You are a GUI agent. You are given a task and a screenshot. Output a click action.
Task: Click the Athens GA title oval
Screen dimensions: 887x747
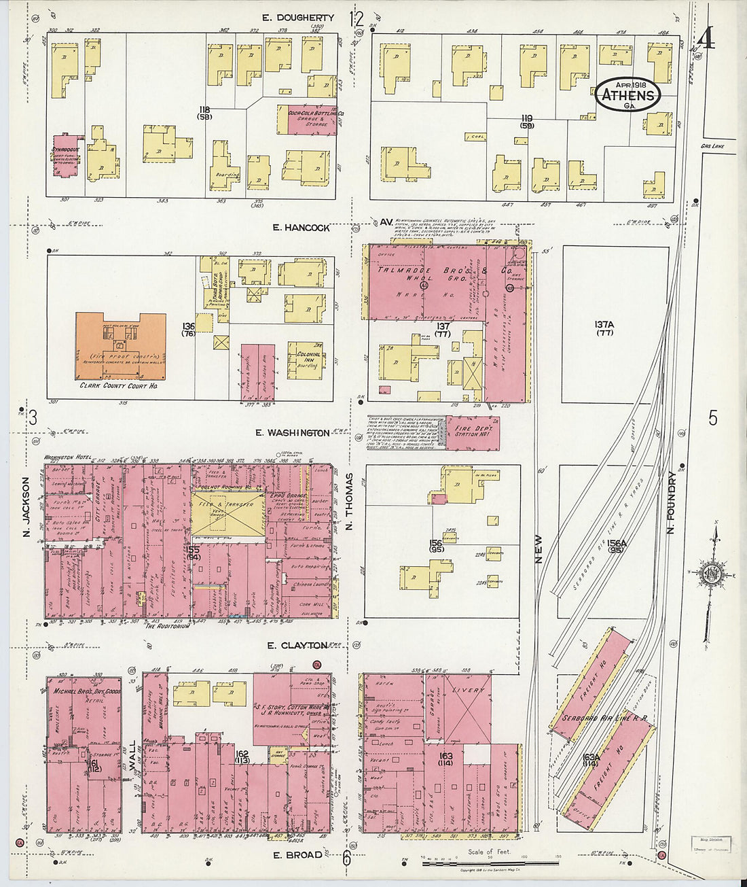[627, 95]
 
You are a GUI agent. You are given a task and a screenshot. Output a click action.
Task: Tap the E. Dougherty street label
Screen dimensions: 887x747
[299, 18]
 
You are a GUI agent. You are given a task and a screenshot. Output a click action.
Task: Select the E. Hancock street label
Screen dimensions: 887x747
[302, 228]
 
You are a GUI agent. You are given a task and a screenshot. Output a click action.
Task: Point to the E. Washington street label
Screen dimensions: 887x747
[293, 433]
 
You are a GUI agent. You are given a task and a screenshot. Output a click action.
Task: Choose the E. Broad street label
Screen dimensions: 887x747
[297, 854]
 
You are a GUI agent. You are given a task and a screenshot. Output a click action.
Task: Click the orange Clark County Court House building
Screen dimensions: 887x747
[121, 347]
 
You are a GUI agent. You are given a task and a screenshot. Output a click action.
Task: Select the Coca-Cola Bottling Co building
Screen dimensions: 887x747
[306, 120]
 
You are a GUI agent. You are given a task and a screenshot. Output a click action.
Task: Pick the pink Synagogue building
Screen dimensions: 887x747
[69, 156]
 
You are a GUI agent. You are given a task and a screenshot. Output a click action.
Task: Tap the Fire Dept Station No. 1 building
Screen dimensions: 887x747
[473, 434]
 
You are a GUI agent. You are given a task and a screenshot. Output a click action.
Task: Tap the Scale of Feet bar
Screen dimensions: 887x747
[489, 863]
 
